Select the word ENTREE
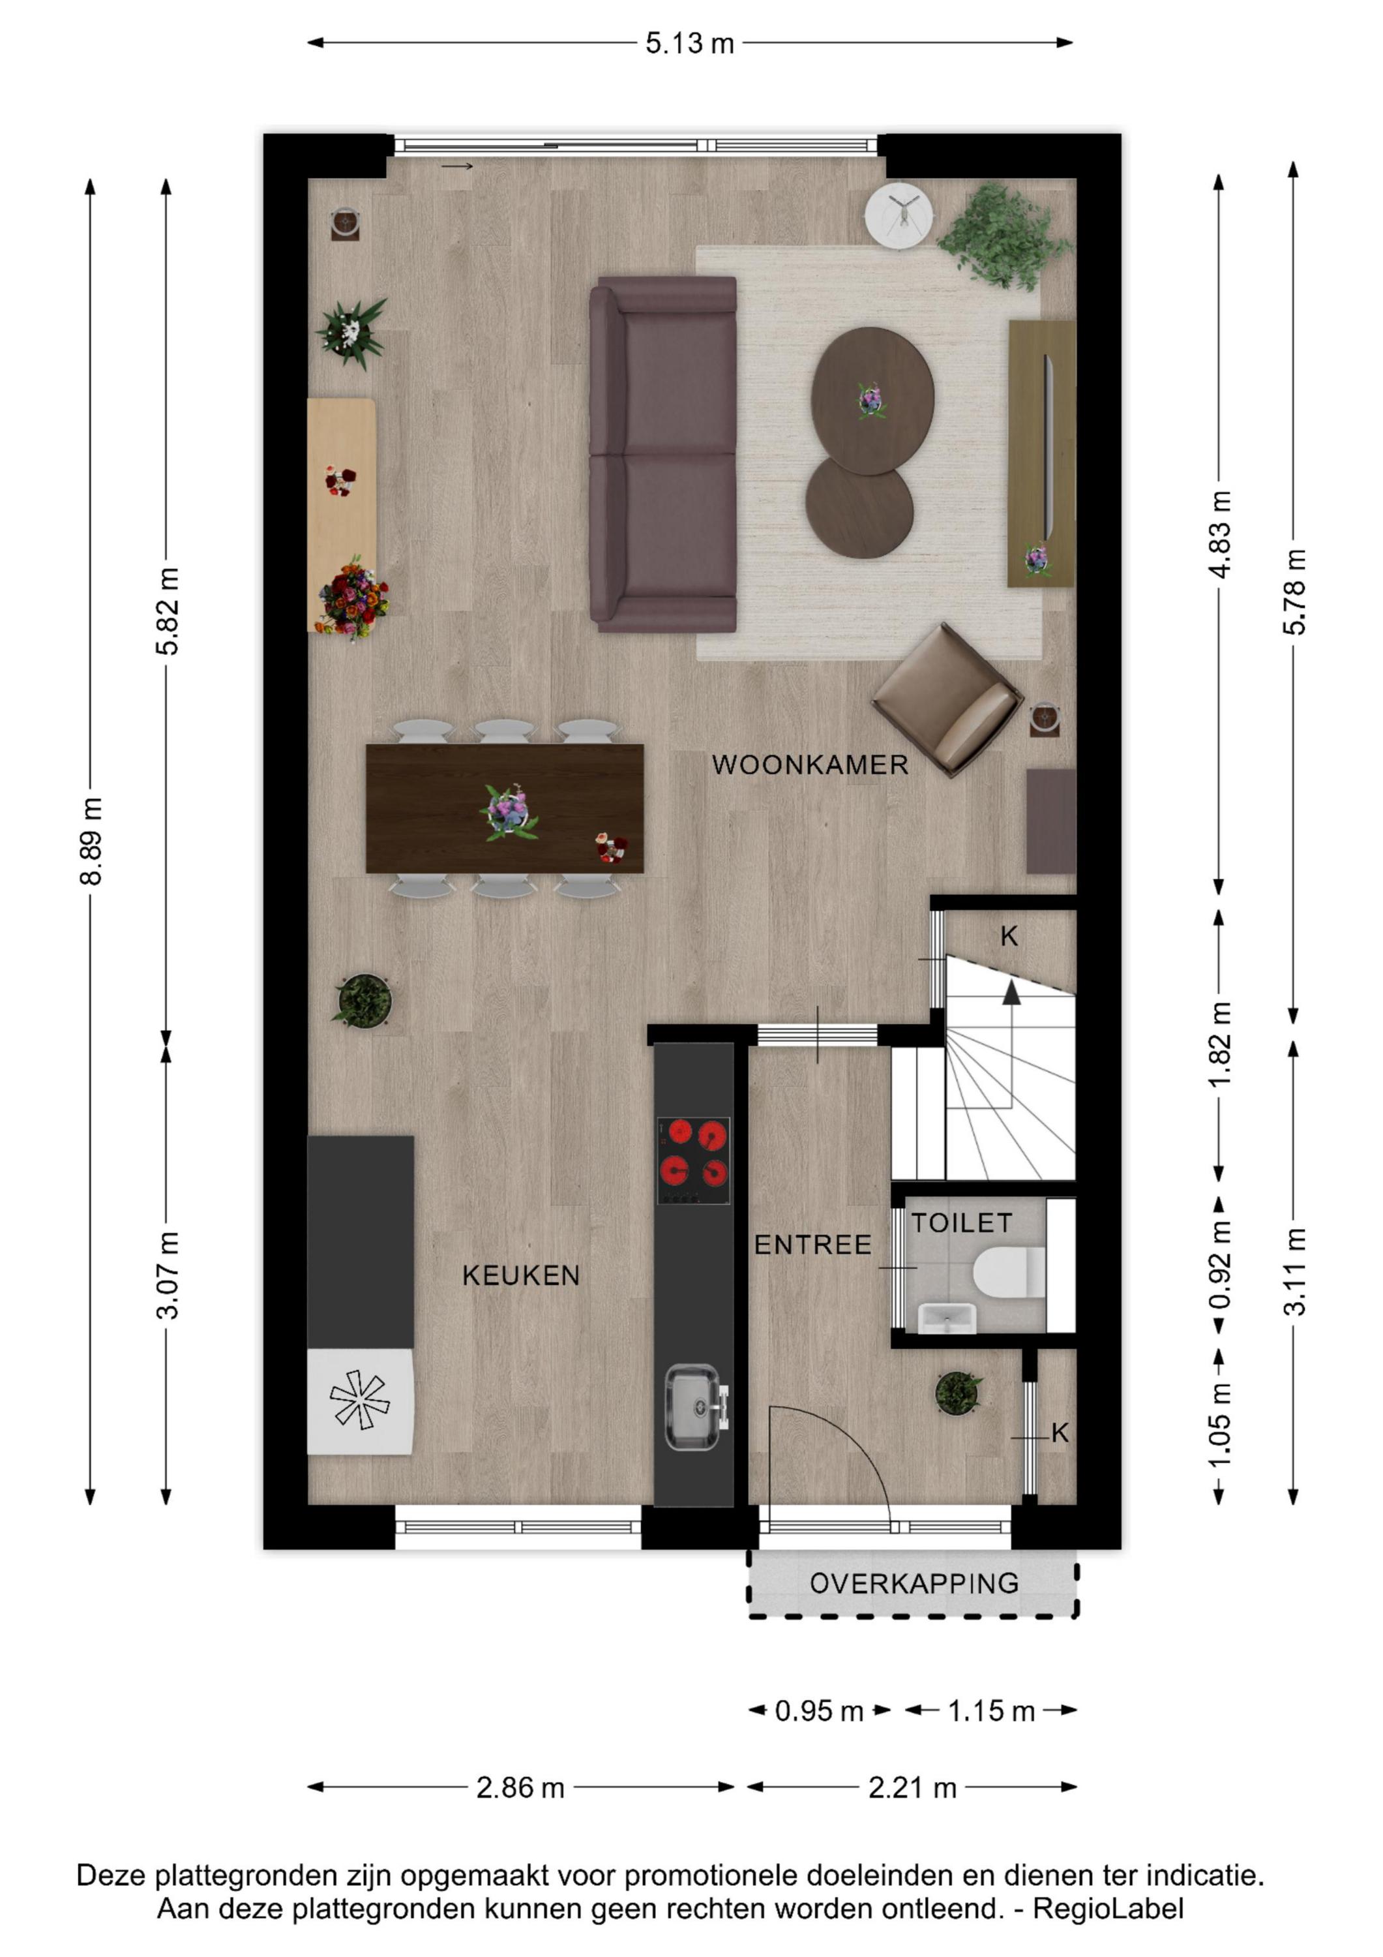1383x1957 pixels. (x=813, y=1245)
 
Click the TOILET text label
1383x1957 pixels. (x=962, y=1223)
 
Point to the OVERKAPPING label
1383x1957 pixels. (x=914, y=1584)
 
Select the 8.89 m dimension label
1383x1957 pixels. (x=91, y=842)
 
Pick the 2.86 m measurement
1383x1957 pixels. (x=520, y=1787)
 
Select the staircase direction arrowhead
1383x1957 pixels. (x=1011, y=992)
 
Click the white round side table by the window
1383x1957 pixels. (x=899, y=216)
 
